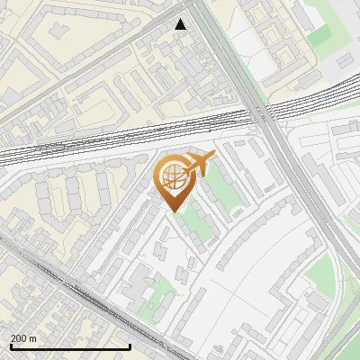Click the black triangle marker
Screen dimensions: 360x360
point(181,24)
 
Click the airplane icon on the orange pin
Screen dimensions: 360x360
point(198,164)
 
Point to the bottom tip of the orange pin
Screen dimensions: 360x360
point(176,212)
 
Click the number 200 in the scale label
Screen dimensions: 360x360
point(19,338)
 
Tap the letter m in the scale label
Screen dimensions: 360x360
point(33,338)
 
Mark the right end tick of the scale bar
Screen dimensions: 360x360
point(130,346)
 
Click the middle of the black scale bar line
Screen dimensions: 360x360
point(69,347)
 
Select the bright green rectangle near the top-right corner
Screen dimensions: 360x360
point(320,36)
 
